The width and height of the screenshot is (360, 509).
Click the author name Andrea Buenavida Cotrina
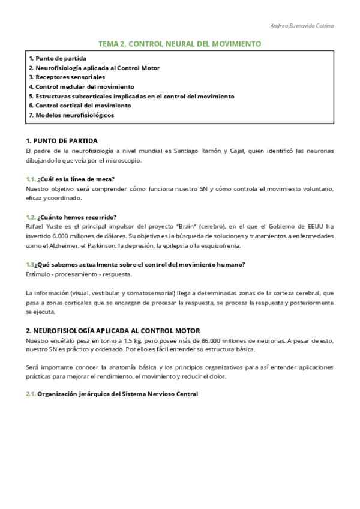click(x=302, y=26)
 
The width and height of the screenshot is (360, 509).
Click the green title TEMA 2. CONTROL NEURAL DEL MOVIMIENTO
click(x=179, y=44)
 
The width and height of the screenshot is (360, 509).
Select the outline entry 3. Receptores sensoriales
click(x=67, y=77)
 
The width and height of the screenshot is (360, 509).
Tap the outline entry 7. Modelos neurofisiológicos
click(x=71, y=115)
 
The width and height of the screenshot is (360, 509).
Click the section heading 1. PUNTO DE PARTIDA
click(x=62, y=140)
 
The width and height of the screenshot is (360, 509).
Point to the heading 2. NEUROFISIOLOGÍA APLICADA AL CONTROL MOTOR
click(x=113, y=331)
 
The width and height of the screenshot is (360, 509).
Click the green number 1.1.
click(x=31, y=179)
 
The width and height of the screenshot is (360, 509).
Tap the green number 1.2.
click(x=31, y=217)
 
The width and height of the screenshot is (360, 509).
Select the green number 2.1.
click(x=31, y=394)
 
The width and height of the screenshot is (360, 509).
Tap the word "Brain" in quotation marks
click(x=185, y=226)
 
